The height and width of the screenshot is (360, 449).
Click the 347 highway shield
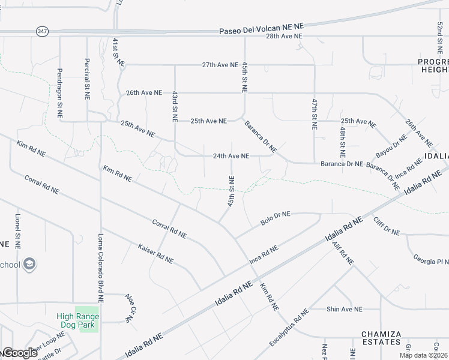[42, 31]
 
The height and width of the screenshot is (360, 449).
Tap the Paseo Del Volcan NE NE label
[262, 28]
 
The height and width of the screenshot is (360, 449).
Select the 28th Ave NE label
[285, 37]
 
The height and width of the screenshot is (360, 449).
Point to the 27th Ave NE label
[220, 64]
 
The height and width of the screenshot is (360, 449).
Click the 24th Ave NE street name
[231, 156]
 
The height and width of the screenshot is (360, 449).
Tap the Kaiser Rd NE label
[155, 254]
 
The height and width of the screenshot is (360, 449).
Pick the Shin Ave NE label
[345, 310]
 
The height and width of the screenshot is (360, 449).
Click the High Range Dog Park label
[78, 320]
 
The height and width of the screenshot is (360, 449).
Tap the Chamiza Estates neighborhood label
[381, 337]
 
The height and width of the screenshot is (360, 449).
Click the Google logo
[19, 353]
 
